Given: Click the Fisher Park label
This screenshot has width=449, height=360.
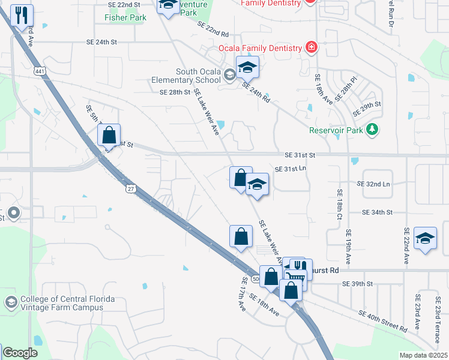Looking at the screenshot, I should (x=125, y=18).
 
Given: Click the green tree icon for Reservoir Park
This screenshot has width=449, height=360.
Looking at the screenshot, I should (x=373, y=130).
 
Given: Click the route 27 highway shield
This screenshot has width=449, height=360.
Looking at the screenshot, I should (x=130, y=188).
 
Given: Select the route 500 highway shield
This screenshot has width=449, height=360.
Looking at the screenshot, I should (x=256, y=279).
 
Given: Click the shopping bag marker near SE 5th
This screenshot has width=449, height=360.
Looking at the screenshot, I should (x=109, y=136).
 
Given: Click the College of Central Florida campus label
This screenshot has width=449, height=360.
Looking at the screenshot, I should (x=62, y=304).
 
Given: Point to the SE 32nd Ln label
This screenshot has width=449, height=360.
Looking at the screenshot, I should (x=373, y=183).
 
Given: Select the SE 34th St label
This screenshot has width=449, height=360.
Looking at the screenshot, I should (x=377, y=212).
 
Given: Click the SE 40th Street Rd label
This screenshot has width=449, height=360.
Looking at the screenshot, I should (x=383, y=321).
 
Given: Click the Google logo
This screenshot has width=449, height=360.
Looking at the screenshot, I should (x=20, y=353).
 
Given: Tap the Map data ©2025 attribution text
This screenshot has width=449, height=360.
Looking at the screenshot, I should (x=423, y=355).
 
